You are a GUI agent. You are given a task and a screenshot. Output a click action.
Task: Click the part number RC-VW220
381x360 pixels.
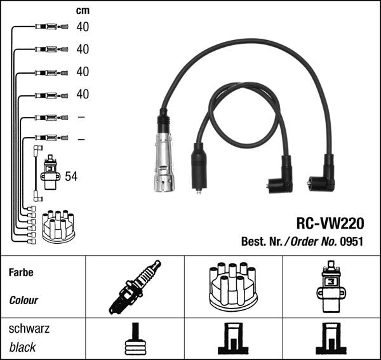[330, 223]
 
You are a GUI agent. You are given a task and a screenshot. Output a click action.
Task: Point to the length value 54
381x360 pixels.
[70, 177]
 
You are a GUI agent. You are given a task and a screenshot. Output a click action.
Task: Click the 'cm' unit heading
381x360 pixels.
[82, 10]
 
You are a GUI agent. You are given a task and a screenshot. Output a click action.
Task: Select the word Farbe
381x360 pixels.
[21, 273]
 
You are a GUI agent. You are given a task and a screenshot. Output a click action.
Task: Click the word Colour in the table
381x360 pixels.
[23, 300]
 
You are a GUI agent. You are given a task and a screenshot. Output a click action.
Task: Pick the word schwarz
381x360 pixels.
[29, 329]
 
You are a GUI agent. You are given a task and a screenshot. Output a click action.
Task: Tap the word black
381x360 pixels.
[23, 347]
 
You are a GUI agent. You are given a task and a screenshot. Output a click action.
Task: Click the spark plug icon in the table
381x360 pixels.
[134, 287]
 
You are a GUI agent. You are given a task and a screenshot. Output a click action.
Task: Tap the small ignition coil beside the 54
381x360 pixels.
[50, 173]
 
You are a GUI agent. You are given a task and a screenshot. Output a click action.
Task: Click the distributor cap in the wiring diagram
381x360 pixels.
[59, 225]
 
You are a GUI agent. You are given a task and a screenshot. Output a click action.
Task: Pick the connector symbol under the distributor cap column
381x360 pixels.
[232, 340]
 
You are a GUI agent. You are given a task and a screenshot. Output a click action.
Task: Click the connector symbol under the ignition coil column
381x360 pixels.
[331, 340]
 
